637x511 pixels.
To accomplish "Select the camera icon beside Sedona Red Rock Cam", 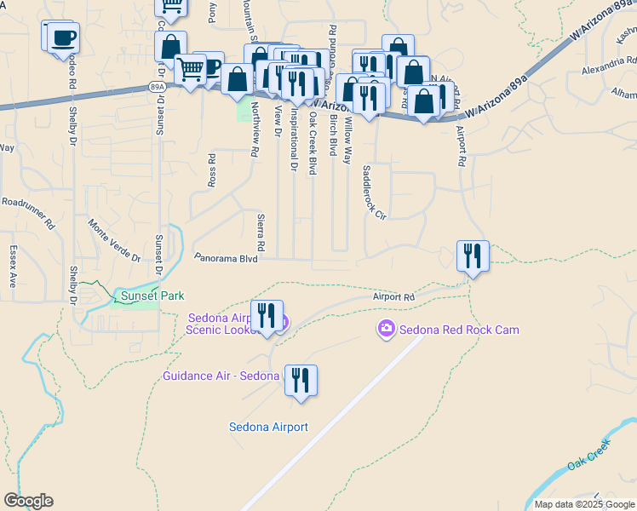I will pyautogui.click(x=386, y=329).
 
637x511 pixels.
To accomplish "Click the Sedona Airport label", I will pyautogui.click(x=268, y=427).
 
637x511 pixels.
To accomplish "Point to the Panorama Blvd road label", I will pyautogui.click(x=225, y=257).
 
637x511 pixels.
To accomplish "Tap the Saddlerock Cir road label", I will pyautogui.click(x=375, y=192).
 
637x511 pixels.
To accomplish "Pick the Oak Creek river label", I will pyautogui.click(x=588, y=456).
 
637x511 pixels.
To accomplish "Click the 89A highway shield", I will pyautogui.click(x=156, y=87).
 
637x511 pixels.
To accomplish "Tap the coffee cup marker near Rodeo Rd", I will pyautogui.click(x=62, y=37).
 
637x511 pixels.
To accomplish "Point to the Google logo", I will pyautogui.click(x=28, y=501).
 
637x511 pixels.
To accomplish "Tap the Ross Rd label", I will pyautogui.click(x=212, y=169).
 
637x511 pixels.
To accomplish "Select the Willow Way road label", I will pyautogui.click(x=347, y=141).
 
